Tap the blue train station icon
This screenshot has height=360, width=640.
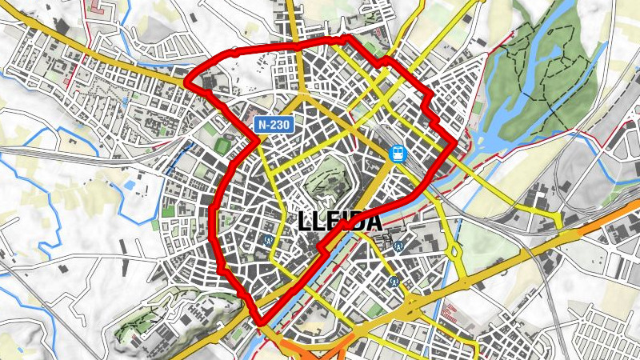click(x=398, y=152)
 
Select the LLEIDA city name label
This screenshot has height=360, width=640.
click(x=340, y=222)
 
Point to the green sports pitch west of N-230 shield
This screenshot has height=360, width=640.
click(x=222, y=146)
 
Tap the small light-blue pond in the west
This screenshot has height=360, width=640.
click(x=129, y=186)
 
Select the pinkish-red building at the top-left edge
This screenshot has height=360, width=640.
click(x=101, y=9)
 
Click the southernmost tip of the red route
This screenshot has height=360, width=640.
click(x=262, y=323)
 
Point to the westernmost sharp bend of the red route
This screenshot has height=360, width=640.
click(x=186, y=82)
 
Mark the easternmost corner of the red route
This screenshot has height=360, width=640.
click(x=455, y=144)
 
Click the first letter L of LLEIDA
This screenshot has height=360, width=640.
click(x=306, y=222)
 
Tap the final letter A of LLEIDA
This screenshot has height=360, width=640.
click(x=374, y=222)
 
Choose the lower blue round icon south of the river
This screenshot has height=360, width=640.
click(x=393, y=281)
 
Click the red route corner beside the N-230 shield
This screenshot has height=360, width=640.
click(x=258, y=141)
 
